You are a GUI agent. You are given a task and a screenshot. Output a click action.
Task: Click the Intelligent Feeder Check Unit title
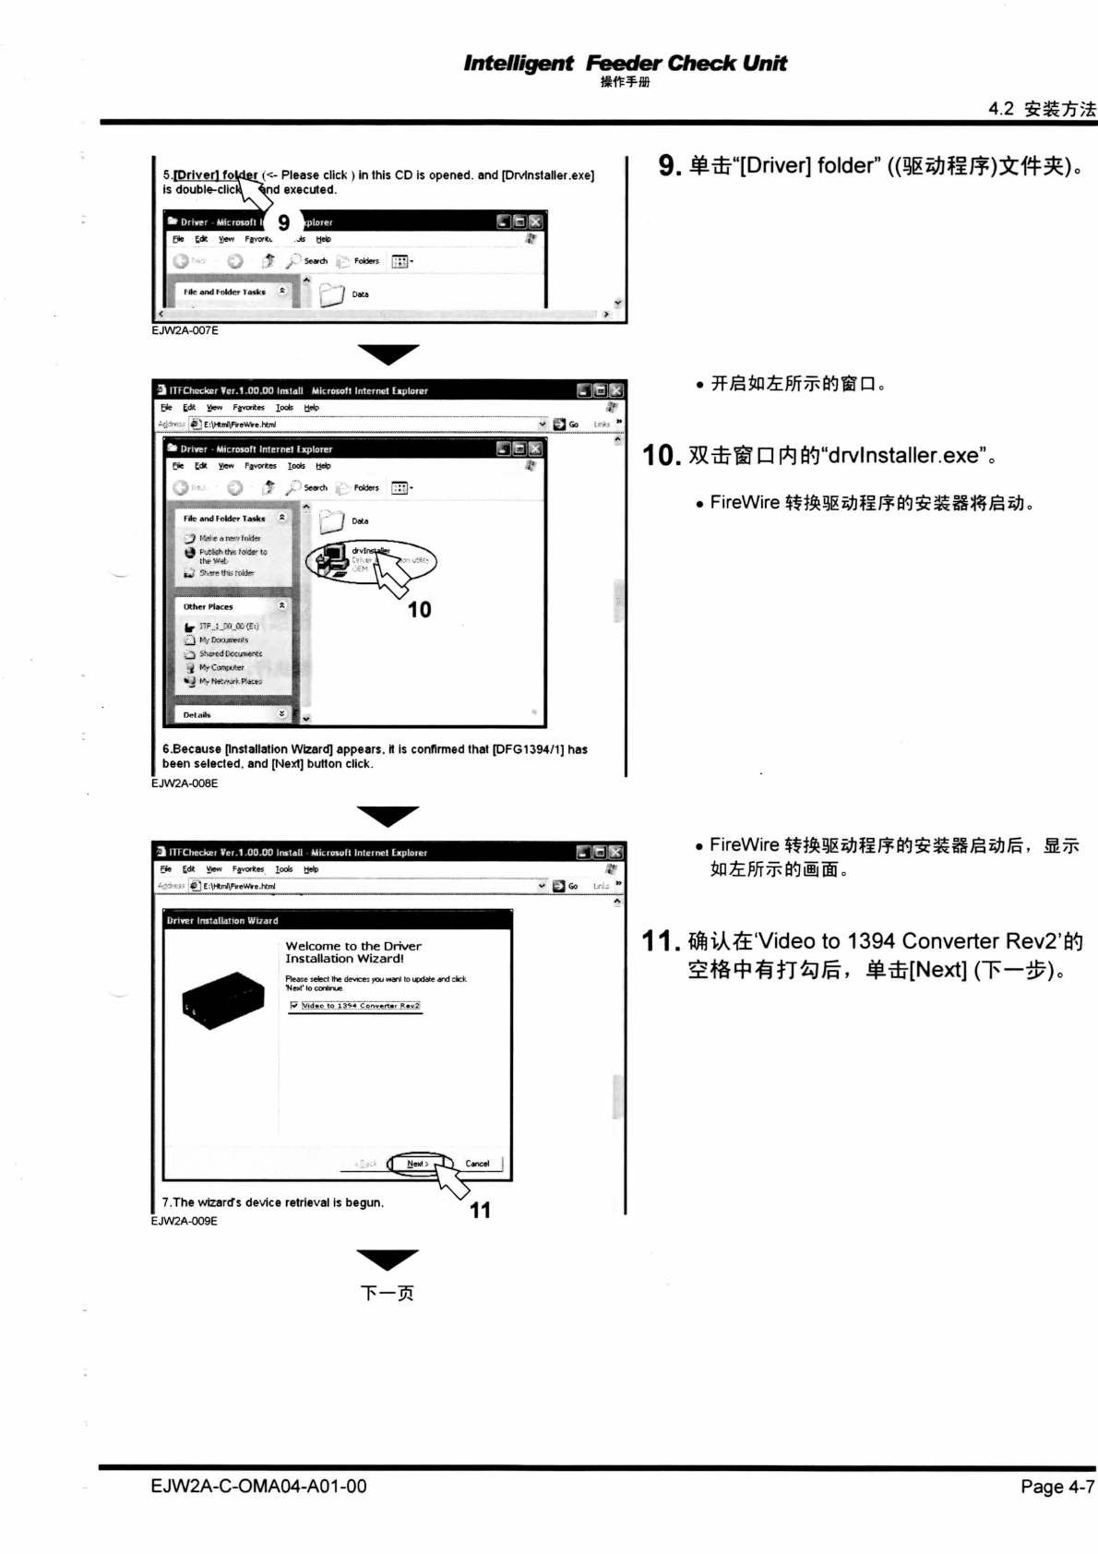625,64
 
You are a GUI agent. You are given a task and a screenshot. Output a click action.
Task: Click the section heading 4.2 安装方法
1042,109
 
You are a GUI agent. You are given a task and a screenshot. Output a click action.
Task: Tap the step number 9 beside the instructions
670,167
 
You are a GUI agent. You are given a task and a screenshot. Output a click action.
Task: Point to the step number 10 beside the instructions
662,456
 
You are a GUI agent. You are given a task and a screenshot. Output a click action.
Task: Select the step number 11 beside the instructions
661,942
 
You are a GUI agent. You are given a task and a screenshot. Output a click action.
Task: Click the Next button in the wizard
418,1164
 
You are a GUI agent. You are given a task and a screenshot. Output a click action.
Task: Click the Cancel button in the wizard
477,1164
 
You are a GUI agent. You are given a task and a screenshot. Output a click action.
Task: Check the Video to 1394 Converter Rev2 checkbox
294,1006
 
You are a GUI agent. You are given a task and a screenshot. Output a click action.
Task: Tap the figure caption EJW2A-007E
185,330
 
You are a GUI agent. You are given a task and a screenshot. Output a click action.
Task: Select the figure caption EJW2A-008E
185,783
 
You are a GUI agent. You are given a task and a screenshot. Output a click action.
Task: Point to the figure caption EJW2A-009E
185,1221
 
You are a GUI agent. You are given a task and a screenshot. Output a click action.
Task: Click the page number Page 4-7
1056,1487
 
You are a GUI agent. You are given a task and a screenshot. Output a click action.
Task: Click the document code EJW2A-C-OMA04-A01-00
258,1487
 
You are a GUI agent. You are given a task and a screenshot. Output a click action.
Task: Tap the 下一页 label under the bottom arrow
387,1293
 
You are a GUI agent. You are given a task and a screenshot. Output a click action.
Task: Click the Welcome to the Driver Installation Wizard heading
353,952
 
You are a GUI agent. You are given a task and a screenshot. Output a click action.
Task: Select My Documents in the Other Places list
223,640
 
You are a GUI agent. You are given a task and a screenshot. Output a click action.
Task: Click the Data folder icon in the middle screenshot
332,522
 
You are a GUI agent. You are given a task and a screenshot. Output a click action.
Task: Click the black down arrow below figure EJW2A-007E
388,353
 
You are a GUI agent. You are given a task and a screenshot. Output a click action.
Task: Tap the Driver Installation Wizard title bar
337,920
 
